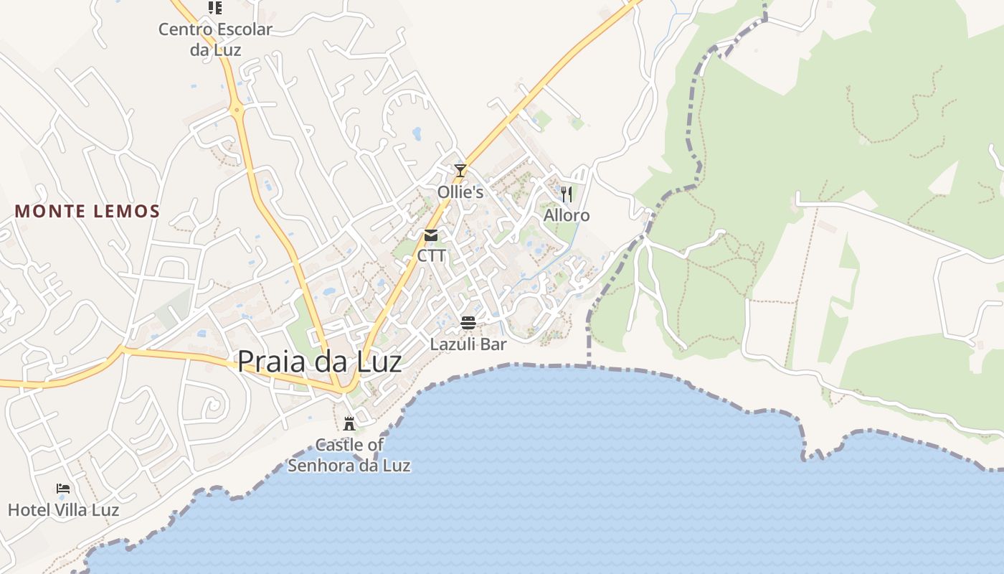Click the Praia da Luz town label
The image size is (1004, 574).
(319, 362)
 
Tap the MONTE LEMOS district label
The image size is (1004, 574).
(87, 212)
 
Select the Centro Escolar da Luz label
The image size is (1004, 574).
(215, 39)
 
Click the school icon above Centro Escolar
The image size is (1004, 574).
(215, 8)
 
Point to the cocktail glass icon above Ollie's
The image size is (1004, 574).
(460, 171)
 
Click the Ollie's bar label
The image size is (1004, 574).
(460, 192)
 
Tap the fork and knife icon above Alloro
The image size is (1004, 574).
(567, 194)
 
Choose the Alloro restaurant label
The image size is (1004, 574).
(567, 215)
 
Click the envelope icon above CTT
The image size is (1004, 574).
(431, 235)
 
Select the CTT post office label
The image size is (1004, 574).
(432, 255)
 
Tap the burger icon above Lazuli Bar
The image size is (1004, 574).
(468, 323)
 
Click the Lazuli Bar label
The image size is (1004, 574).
(468, 344)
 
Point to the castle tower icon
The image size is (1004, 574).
(349, 423)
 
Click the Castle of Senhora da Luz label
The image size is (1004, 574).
(349, 455)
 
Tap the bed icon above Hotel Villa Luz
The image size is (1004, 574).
(63, 489)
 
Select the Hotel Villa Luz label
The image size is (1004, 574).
(63, 510)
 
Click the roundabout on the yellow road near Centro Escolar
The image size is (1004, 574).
(237, 110)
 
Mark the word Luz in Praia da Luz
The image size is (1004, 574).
(378, 362)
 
